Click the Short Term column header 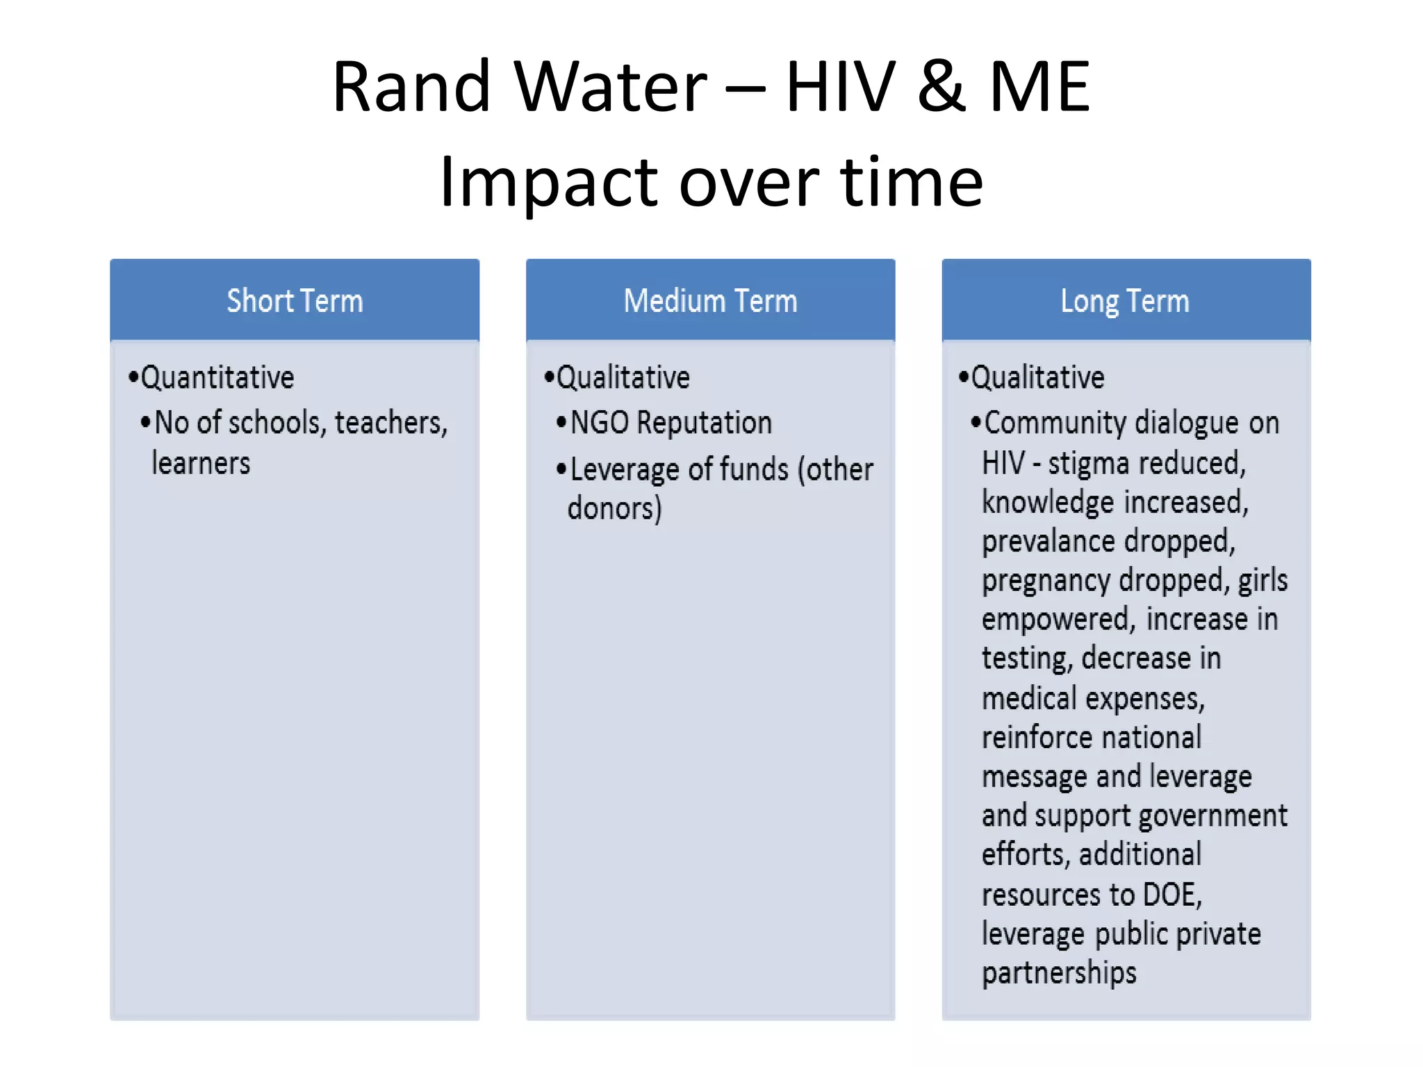point(295,301)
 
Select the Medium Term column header point(710,301)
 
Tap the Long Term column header point(1125,301)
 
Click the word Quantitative point(217,378)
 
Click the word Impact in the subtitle point(549,182)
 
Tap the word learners point(201,463)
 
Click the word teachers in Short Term point(391,423)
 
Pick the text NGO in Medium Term point(600,423)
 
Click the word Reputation point(704,423)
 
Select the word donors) point(615,508)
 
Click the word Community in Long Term point(1055,423)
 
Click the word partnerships point(1060,973)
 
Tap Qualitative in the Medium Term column point(623,378)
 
